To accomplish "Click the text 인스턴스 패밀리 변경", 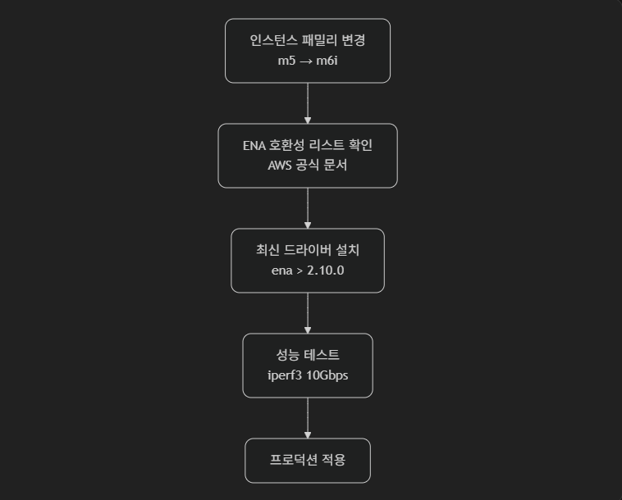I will click(308, 40).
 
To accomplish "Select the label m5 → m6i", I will click(308, 61).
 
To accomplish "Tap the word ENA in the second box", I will click(254, 145).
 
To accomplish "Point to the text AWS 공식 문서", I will click(308, 166).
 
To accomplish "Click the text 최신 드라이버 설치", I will click(308, 250).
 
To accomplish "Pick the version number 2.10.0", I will click(325, 270).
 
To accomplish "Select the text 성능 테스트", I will click(308, 355).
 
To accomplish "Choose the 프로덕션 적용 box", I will click(308, 461).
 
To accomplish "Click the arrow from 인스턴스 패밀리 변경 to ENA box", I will click(308, 102).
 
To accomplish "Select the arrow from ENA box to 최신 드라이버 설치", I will click(308, 207).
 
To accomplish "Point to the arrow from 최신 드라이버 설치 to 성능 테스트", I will click(308, 312).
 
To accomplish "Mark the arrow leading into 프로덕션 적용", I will click(308, 417).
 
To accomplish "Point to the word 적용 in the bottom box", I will click(333, 460).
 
